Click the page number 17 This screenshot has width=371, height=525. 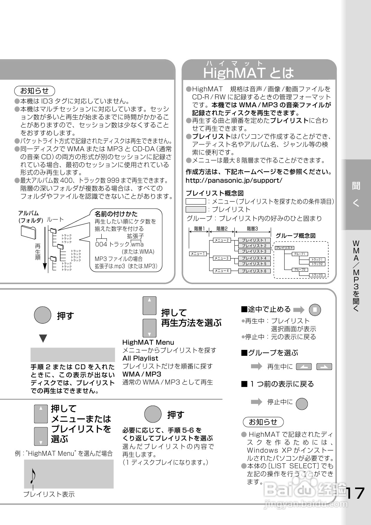pyautogui.click(x=355, y=493)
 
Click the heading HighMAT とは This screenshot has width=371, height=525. pyautogui.click(x=248, y=73)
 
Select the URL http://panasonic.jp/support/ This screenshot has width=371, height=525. pyautogui.click(x=234, y=180)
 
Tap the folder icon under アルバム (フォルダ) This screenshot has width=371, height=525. pyautogui.click(x=28, y=232)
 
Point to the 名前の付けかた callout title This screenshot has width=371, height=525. pyautogui.click(x=116, y=214)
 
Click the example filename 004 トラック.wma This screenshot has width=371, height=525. pyautogui.click(x=119, y=244)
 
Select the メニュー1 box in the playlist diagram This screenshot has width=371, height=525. pyautogui.click(x=197, y=254)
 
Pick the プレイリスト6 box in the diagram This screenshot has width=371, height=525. pyautogui.click(x=254, y=271)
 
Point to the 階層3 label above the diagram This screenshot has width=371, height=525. pyautogui.click(x=252, y=229)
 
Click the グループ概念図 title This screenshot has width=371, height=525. pyautogui.click(x=295, y=236)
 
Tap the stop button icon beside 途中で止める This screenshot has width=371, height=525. pyautogui.click(x=315, y=310)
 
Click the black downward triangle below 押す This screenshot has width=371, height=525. pyautogui.click(x=43, y=338)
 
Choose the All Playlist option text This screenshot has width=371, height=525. pyautogui.click(x=140, y=358)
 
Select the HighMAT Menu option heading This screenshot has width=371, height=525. pyautogui.click(x=148, y=342)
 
